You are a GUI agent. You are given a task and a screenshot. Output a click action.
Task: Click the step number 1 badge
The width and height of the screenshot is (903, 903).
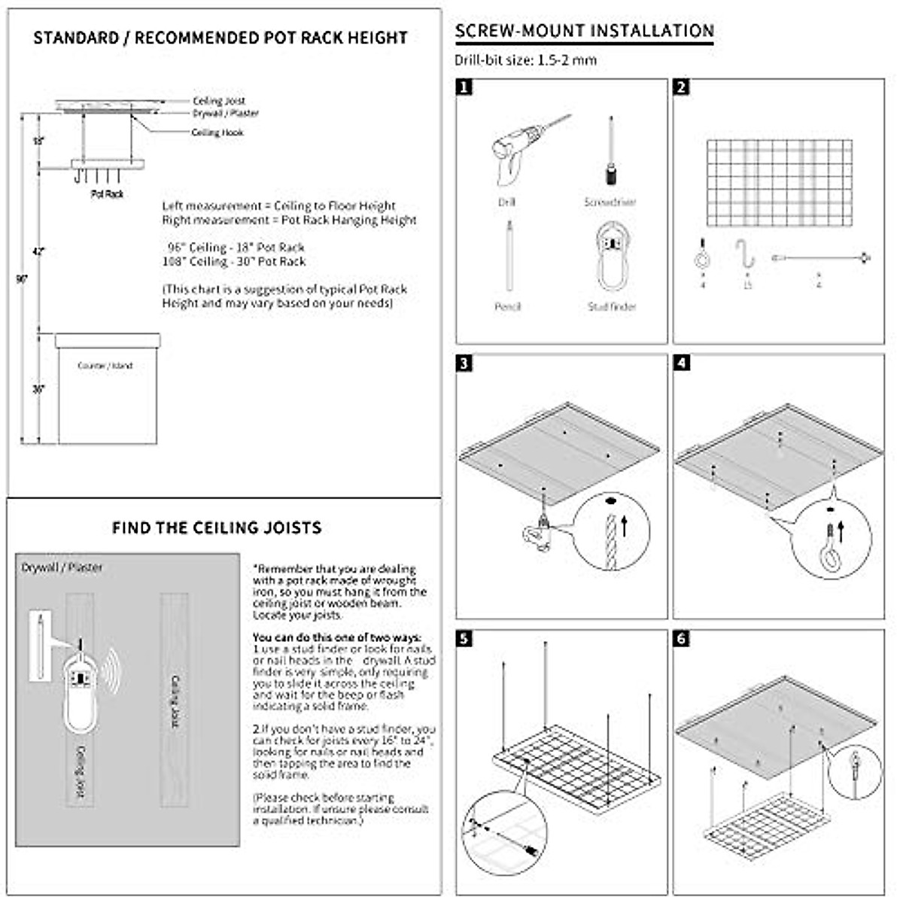coord(465,87)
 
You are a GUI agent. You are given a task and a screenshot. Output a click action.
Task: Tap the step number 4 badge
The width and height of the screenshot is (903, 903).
coord(682,363)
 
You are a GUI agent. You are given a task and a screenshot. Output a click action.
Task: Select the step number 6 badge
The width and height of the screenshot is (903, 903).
coord(682,639)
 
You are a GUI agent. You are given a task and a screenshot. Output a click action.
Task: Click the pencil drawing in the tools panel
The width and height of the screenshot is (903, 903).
coord(509,256)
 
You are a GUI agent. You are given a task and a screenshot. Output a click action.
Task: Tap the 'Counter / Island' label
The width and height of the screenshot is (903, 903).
coord(105,366)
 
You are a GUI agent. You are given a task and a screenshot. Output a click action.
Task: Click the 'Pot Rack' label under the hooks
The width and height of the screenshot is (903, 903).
coord(107,194)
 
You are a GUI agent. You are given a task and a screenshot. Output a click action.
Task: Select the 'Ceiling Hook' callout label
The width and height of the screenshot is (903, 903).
coord(217,132)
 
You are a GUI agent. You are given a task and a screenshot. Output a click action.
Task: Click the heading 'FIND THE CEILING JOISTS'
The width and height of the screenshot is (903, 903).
coord(217,528)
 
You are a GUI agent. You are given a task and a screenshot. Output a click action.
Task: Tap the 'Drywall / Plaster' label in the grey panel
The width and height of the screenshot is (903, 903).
coord(62,567)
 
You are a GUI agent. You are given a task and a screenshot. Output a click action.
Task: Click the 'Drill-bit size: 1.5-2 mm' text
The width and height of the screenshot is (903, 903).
coord(525,60)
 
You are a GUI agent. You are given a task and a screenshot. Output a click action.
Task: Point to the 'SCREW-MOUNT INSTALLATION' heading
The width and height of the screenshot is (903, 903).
coord(584,31)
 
